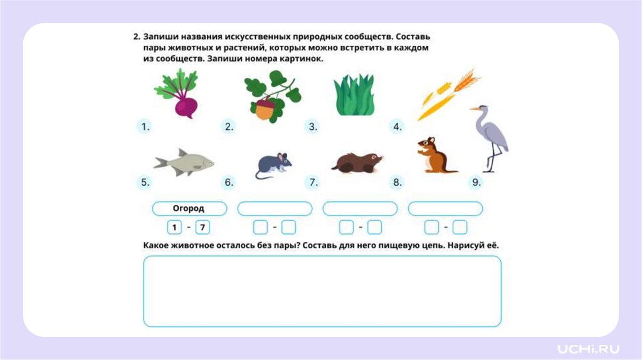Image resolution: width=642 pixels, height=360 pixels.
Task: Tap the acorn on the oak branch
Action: click(265, 109)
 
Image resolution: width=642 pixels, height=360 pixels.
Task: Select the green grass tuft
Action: click(354, 95)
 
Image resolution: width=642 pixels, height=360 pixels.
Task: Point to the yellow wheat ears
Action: click(449, 94)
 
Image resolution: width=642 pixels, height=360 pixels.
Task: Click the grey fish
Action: click(184, 162)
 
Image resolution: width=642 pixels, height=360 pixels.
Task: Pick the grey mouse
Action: click(273, 166)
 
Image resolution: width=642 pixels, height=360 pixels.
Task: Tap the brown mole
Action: click(357, 162)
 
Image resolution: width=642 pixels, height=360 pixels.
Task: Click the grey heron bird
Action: click(490, 139)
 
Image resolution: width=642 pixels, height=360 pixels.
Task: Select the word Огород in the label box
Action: click(188, 208)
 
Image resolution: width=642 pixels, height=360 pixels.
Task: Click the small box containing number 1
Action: click(174, 227)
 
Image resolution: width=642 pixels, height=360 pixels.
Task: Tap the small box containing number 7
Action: click(203, 227)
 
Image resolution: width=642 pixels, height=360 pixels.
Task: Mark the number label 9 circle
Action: click(476, 183)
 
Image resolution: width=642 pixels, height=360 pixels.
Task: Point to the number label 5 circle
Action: click(145, 183)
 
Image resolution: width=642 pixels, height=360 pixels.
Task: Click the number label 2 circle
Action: click(229, 127)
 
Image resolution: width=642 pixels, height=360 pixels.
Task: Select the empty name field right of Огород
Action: click(275, 208)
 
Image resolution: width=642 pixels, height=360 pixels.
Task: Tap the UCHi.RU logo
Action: click(588, 349)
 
